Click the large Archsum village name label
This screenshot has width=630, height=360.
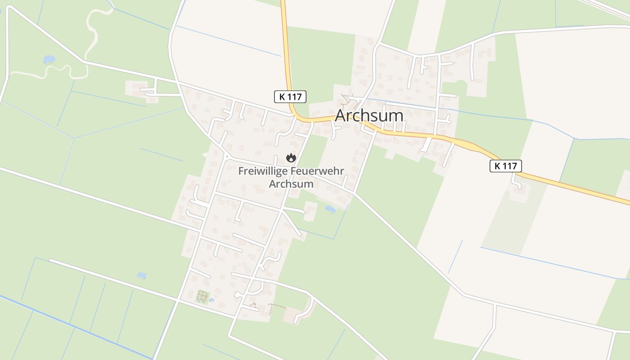[x=369, y=116]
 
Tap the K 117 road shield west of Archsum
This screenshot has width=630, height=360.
[x=290, y=96]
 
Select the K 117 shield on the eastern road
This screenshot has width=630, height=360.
[x=505, y=166]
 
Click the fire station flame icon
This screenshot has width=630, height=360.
[x=291, y=157]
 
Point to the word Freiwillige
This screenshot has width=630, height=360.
[x=263, y=171]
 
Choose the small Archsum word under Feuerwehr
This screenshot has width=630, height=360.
[x=291, y=184]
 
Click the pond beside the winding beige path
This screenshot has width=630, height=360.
[x=49, y=59]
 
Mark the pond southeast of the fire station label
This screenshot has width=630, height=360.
[x=330, y=209]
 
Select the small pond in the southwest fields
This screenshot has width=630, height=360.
[x=142, y=275]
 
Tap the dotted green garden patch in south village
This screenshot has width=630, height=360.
[x=202, y=297]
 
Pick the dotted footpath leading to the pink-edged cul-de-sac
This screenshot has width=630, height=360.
[x=277, y=306]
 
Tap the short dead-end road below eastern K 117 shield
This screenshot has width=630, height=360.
[x=516, y=181]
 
